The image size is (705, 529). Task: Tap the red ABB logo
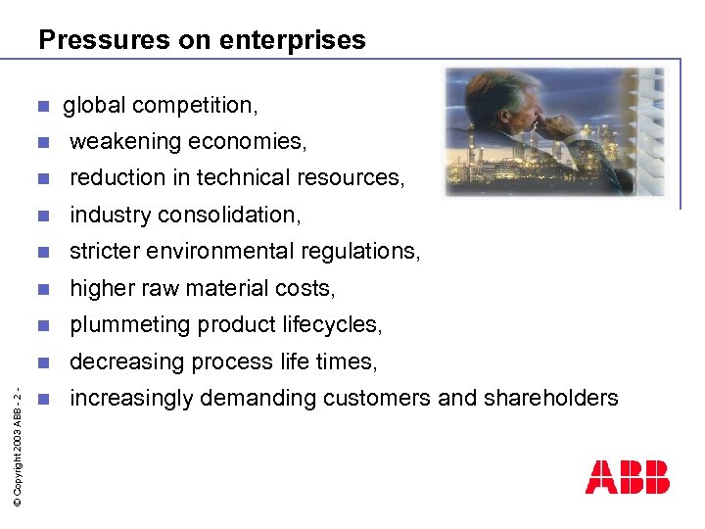[627, 477]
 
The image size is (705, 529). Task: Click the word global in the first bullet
[95, 105]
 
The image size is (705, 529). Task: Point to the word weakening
[125, 142]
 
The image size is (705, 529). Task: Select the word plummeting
[129, 325]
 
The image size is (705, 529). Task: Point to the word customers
[398, 398]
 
